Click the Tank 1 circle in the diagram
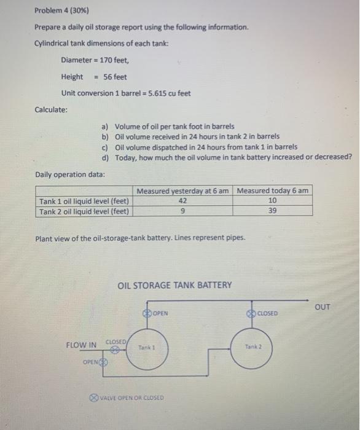tap(147, 348)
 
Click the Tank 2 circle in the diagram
tap(252, 348)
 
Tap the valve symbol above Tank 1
tap(147, 313)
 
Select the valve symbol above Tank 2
tap(252, 313)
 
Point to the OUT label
tap(322, 306)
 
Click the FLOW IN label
tap(81, 345)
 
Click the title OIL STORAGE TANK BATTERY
tap(174, 285)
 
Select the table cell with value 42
tap(182, 200)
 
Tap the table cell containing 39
tap(273, 210)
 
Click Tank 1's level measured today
tap(273, 200)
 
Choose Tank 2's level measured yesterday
tap(182, 210)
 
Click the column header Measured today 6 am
tap(273, 190)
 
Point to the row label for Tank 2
tap(84, 211)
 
